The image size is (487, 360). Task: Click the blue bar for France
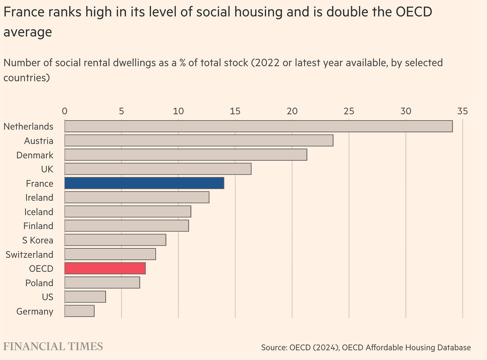click(x=144, y=183)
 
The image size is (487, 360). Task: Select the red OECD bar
click(x=105, y=268)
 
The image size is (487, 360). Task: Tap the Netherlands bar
click(x=258, y=126)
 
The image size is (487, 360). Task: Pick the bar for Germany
click(x=79, y=311)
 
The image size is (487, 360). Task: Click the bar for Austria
click(x=199, y=141)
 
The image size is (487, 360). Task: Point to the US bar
click(x=85, y=297)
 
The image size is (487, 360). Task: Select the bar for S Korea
click(x=115, y=240)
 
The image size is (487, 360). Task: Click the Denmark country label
click(x=35, y=155)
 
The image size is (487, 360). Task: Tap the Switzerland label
click(x=29, y=254)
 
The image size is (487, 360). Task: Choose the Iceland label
click(x=39, y=212)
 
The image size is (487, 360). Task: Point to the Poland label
click(x=39, y=283)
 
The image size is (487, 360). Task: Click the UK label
click(x=47, y=169)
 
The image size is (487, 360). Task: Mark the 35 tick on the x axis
click(x=463, y=111)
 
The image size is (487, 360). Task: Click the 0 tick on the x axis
click(x=65, y=111)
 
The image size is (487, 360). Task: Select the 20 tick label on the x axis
click(x=292, y=111)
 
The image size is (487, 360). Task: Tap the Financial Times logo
click(x=53, y=346)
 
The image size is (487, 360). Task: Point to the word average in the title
click(x=28, y=32)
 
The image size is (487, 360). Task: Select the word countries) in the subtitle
click(x=27, y=78)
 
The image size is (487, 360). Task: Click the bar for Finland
click(x=126, y=226)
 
